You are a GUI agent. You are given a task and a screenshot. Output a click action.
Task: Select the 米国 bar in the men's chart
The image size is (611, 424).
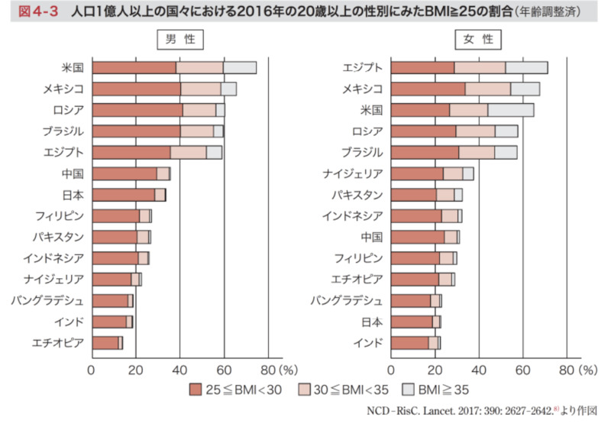(x=173, y=67)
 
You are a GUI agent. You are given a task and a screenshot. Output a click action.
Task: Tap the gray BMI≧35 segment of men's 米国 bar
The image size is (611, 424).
(x=239, y=67)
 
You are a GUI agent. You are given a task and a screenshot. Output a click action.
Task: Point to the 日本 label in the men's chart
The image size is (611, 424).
(x=73, y=194)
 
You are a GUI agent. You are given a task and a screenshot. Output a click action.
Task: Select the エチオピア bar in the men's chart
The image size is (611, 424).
(x=107, y=342)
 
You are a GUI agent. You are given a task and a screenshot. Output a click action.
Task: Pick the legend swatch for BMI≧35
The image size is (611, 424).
(x=411, y=390)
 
